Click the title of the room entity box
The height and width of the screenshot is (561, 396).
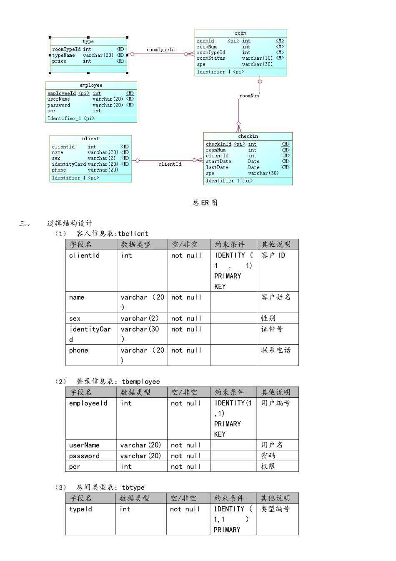click(x=241, y=33)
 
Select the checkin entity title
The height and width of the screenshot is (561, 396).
click(x=248, y=136)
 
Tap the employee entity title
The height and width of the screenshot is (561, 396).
click(x=91, y=86)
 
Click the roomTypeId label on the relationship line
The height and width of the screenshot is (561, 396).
click(x=160, y=50)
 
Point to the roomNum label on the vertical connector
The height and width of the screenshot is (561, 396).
click(x=249, y=96)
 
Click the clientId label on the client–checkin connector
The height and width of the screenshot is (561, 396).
click(x=170, y=164)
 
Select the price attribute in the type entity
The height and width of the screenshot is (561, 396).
click(x=59, y=61)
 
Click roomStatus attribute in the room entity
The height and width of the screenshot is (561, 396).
click(x=211, y=58)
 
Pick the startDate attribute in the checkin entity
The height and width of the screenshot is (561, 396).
click(x=218, y=162)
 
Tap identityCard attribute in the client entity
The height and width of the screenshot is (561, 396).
click(x=69, y=164)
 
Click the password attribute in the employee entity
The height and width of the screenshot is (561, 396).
click(x=59, y=105)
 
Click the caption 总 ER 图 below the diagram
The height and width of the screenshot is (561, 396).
click(x=205, y=203)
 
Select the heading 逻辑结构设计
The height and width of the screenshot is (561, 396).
click(x=70, y=223)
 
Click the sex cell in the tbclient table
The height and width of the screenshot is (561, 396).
click(x=75, y=318)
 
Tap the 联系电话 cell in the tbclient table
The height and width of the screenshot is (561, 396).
click(x=276, y=350)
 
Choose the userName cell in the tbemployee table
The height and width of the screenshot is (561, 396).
click(x=84, y=445)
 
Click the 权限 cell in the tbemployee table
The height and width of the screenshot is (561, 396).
click(x=268, y=466)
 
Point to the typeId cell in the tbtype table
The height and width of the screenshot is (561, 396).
click(x=80, y=509)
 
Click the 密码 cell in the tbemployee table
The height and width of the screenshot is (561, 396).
click(x=268, y=456)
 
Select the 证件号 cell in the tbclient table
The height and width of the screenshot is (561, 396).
click(x=272, y=329)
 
